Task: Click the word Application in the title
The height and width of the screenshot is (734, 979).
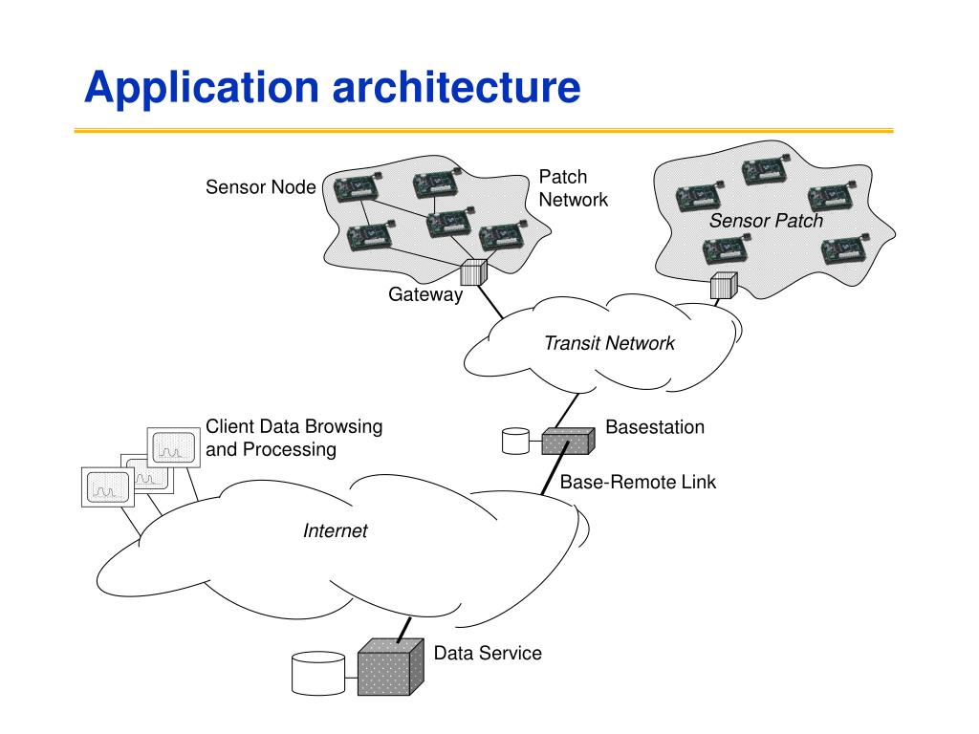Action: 201,87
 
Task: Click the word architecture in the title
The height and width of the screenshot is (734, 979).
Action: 456,86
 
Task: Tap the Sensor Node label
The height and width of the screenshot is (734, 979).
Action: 260,187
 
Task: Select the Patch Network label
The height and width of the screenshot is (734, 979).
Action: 574,188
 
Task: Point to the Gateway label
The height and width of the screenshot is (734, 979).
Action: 425,294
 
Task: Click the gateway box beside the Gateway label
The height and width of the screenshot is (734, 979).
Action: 473,272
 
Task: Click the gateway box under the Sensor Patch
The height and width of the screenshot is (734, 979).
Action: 725,285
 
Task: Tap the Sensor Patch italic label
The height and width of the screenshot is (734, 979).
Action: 766,221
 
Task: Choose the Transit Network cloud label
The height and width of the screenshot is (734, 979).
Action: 609,343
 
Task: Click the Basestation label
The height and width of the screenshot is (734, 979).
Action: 655,427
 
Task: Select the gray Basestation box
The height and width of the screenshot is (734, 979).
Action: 568,441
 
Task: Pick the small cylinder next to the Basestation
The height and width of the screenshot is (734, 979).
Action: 515,441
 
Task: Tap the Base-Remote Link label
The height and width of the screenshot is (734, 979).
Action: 638,482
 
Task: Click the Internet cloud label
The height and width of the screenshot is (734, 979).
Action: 336,530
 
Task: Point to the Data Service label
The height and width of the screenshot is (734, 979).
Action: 488,653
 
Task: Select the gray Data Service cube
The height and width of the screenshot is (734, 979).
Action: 391,666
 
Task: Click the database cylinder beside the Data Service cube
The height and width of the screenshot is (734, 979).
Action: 318,674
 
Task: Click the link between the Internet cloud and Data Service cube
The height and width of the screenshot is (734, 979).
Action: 404,630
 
